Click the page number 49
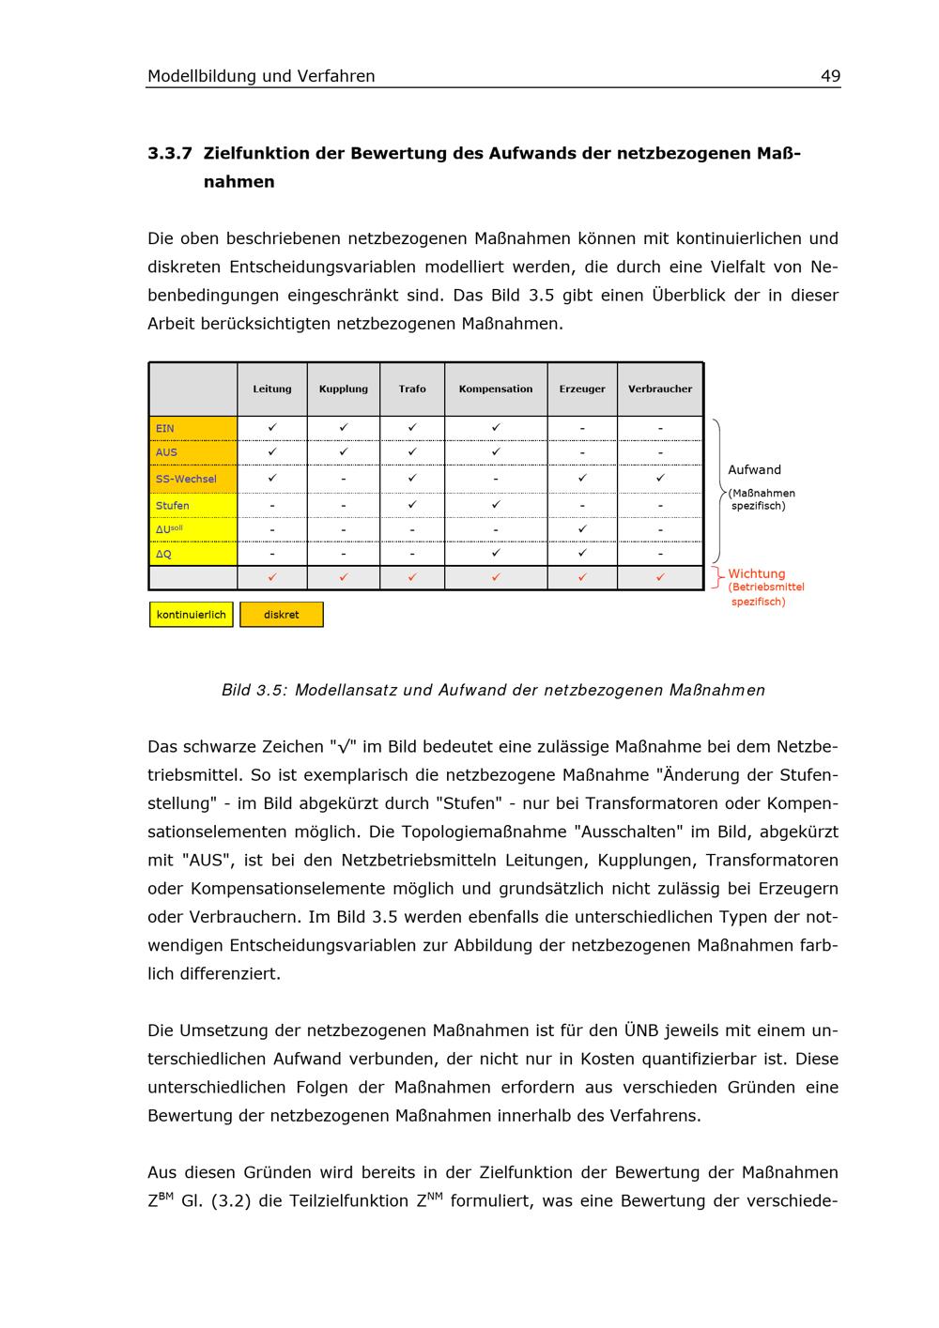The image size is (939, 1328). pyautogui.click(x=830, y=76)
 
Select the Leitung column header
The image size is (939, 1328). pyautogui.click(x=272, y=389)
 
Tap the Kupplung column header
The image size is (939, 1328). pyautogui.click(x=344, y=389)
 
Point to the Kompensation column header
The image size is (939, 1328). pyautogui.click(x=496, y=389)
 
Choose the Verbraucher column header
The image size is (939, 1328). pyautogui.click(x=660, y=389)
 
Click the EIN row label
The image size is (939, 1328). pyautogui.click(x=165, y=428)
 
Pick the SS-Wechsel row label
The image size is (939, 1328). pyautogui.click(x=186, y=479)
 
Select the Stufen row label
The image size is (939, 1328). pyautogui.click(x=173, y=505)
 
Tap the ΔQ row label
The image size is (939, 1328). pyautogui.click(x=164, y=554)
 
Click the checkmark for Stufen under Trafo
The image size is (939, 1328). pyautogui.click(x=412, y=505)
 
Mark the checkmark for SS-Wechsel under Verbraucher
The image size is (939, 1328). pyautogui.click(x=660, y=479)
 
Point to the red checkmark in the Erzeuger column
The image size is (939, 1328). pyautogui.click(x=582, y=577)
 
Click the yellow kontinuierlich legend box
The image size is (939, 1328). pyautogui.click(x=192, y=615)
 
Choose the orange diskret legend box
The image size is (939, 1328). pyautogui.click(x=282, y=615)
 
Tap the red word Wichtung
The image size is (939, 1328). pyautogui.click(x=757, y=573)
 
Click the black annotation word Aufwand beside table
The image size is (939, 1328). pyautogui.click(x=755, y=469)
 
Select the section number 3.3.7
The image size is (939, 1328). pyautogui.click(x=170, y=153)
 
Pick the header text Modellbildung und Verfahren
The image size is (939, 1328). pyautogui.click(x=261, y=76)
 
